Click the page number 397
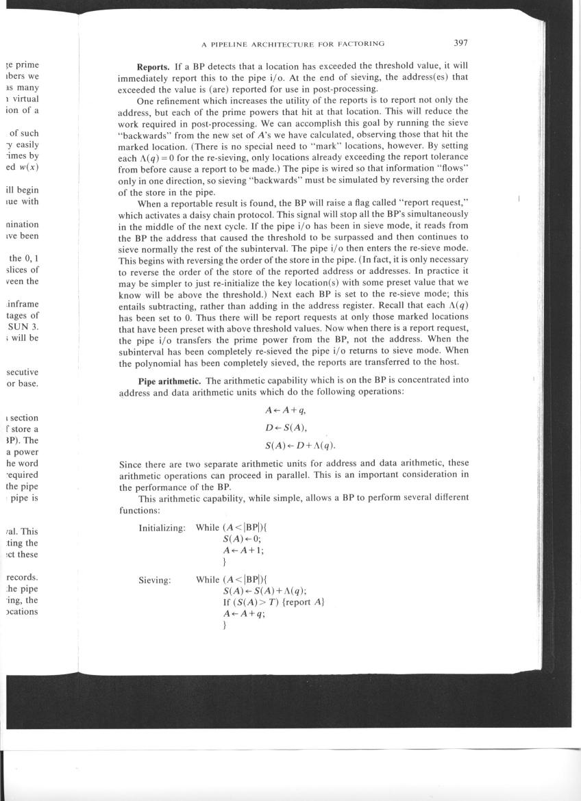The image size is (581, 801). (460, 43)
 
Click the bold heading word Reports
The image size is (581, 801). (155, 67)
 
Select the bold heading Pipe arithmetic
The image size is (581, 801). (169, 380)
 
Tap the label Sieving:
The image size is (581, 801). (155, 579)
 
